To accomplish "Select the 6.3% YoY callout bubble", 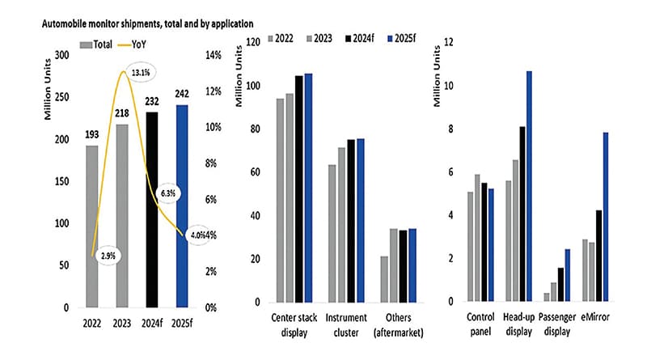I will click(x=170, y=194).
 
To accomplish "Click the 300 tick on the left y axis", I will click(x=58, y=56).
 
